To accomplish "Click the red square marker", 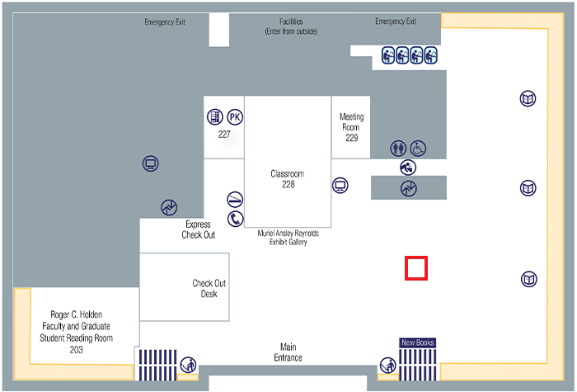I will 416,269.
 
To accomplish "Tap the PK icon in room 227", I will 235,116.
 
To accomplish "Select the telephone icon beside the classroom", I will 236,219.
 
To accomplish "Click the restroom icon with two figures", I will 399,149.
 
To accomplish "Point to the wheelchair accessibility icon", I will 419,149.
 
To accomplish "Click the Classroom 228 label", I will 288,179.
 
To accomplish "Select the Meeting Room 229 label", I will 351,127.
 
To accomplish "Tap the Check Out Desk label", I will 209,288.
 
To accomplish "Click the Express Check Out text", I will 199,229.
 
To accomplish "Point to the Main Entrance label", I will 288,352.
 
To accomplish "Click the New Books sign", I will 418,342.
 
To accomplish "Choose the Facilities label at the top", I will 291,26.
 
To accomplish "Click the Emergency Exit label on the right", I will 396,21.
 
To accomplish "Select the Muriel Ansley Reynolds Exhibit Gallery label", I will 288,238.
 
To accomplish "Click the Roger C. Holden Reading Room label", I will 82,332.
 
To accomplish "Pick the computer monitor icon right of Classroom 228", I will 340,185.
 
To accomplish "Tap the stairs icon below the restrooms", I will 408,188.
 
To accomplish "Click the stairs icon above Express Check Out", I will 170,206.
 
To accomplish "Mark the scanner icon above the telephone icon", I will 236,200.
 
